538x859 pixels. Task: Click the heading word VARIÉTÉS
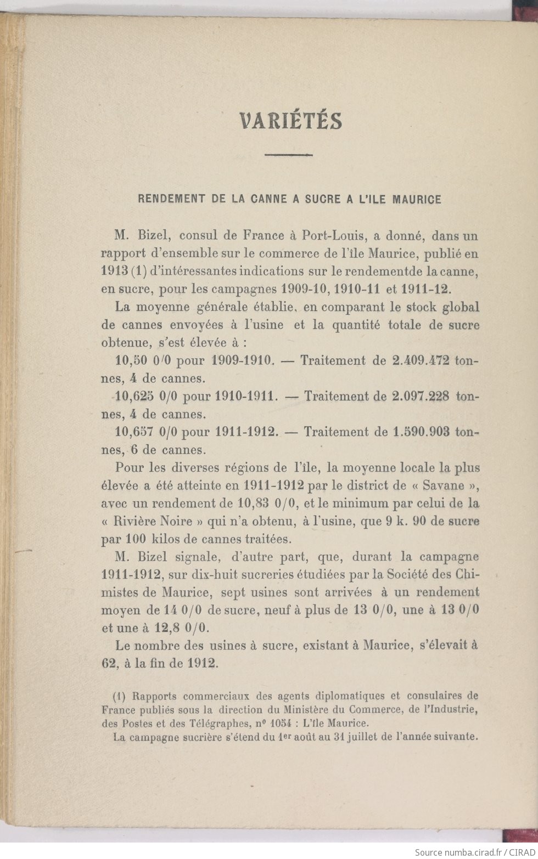coord(291,121)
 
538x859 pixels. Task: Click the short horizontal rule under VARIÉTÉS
coord(288,155)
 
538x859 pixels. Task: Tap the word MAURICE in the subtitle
coord(418,199)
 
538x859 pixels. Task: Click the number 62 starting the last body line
coord(108,663)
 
